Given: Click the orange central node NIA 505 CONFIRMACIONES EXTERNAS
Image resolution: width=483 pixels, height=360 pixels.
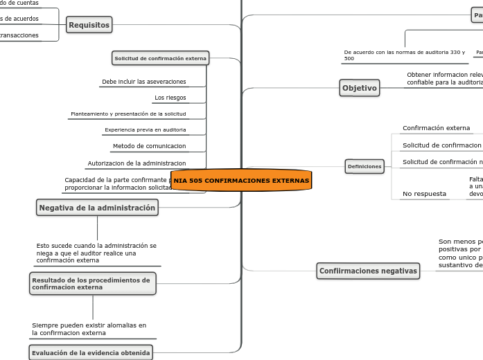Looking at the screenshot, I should [x=241, y=180].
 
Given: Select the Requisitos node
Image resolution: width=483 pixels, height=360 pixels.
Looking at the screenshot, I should [x=89, y=26].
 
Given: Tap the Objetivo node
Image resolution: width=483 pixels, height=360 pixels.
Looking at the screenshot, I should [x=360, y=88].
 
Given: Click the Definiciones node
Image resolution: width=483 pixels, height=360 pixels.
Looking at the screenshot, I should [x=365, y=166].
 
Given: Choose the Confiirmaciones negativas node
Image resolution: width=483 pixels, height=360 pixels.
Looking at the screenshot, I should [x=368, y=271].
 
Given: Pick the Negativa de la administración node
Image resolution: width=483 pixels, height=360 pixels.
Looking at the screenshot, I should [x=97, y=208].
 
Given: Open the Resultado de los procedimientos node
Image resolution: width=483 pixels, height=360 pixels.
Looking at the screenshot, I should [x=92, y=283].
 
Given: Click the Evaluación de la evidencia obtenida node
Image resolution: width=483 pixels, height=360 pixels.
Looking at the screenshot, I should [x=90, y=353].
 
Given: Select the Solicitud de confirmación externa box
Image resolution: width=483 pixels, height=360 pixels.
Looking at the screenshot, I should [x=160, y=59].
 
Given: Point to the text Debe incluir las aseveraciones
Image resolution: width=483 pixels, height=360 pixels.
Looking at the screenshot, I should [x=143, y=82].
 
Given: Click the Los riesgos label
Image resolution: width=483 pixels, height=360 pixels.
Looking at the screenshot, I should [x=170, y=98].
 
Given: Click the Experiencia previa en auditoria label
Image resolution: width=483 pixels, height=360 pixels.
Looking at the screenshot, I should [x=146, y=129].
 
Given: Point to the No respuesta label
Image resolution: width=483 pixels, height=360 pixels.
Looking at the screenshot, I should [x=424, y=194].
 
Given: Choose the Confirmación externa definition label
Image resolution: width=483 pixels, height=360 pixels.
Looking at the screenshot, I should [x=436, y=128].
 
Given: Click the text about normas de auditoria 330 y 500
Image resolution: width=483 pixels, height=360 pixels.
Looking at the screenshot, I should [x=385, y=55].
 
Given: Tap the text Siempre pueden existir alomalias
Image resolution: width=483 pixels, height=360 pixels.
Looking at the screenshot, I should [x=89, y=329].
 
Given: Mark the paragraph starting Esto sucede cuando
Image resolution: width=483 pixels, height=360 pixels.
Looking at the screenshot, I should [x=96, y=253].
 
